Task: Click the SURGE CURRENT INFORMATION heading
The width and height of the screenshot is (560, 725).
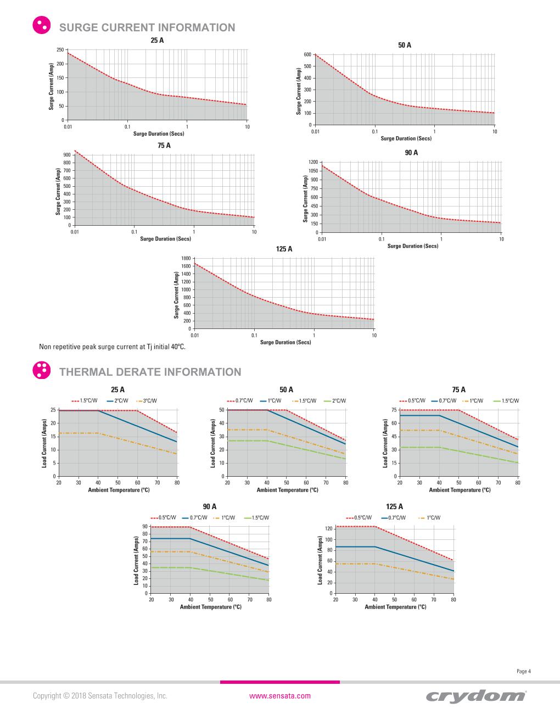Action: click(x=147, y=27)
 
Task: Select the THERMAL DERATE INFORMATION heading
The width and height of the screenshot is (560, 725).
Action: click(x=150, y=372)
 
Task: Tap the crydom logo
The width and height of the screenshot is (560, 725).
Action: click(x=475, y=696)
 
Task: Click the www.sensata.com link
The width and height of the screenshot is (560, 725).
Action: click(x=280, y=696)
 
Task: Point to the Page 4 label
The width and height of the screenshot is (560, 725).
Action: click(x=524, y=671)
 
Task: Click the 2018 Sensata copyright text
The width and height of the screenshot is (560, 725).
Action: click(x=100, y=696)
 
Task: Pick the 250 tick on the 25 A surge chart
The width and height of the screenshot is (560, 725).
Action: click(x=60, y=50)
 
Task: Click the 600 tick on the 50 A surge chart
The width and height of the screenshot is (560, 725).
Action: click(x=307, y=54)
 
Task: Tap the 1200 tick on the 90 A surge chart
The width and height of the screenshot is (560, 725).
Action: click(x=313, y=162)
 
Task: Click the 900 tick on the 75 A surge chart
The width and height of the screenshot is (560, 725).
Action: click(x=67, y=155)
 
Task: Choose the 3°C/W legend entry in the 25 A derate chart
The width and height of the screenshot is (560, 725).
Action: click(x=149, y=401)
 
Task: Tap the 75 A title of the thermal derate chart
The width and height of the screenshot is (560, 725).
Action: click(x=459, y=389)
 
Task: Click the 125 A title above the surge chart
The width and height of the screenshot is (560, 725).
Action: click(x=284, y=249)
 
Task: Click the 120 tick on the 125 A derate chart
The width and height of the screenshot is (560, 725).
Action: click(x=329, y=528)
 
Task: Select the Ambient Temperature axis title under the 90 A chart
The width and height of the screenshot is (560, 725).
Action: click(x=210, y=607)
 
